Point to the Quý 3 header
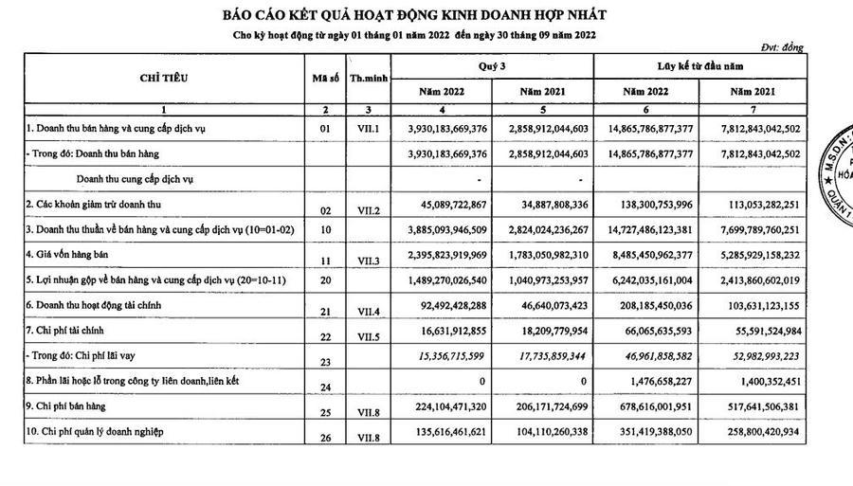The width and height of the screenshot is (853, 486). [x=492, y=66]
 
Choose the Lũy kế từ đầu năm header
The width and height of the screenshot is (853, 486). [x=699, y=66]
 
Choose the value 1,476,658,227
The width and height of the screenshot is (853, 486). [x=653, y=384]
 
